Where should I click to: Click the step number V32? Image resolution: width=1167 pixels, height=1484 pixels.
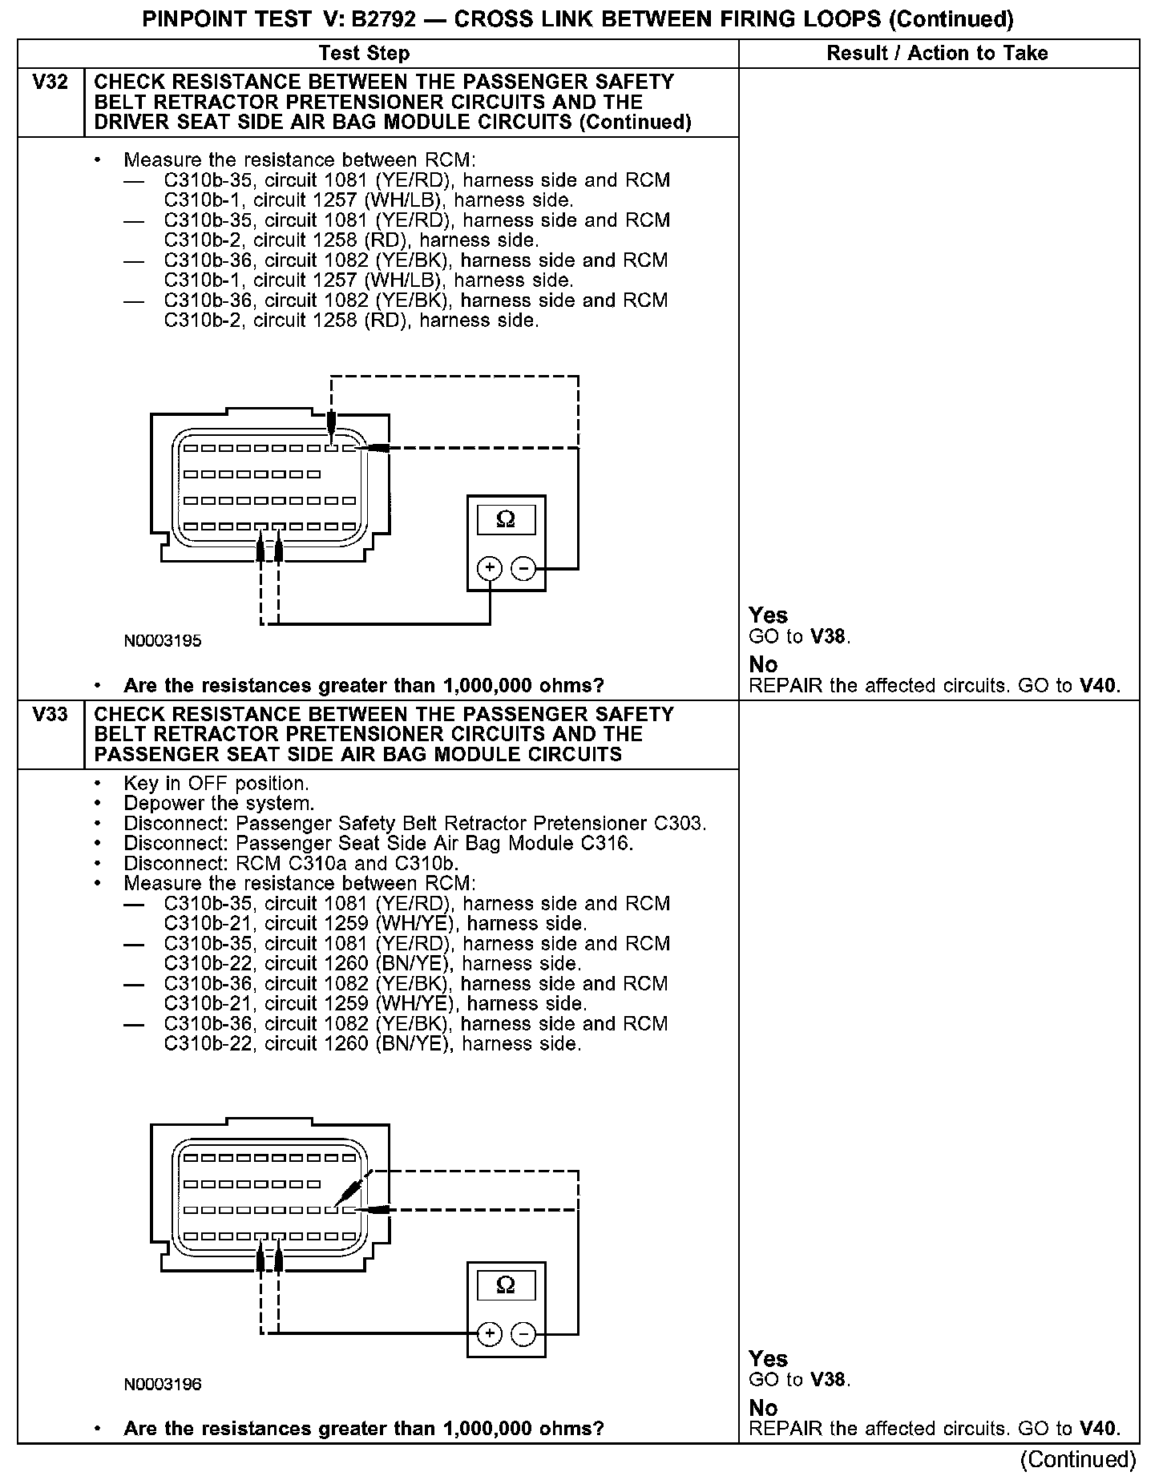point(50,83)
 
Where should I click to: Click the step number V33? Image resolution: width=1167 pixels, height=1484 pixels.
point(50,715)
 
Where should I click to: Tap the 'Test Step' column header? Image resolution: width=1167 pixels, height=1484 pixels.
point(364,54)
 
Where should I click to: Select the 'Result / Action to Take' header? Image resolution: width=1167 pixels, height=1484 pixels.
point(937,54)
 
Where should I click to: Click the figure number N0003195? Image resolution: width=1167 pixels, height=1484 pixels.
point(163,641)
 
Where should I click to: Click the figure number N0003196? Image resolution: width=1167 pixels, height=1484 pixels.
point(163,1384)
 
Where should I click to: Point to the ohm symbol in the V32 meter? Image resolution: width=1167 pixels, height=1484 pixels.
point(506,520)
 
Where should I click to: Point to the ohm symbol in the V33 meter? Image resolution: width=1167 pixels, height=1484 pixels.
point(506,1285)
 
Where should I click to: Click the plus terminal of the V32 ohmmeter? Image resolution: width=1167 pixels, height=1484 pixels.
point(489,569)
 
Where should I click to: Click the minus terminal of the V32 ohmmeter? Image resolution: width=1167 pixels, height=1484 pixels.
point(523,569)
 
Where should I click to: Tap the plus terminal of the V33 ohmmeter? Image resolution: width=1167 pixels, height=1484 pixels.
point(489,1334)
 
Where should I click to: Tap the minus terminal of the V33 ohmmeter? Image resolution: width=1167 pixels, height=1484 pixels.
point(523,1334)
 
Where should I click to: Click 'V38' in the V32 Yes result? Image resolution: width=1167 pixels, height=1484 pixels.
point(829,638)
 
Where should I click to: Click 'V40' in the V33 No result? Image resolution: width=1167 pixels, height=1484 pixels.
point(1098,1429)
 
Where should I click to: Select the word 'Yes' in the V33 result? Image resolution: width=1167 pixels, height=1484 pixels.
point(768,1359)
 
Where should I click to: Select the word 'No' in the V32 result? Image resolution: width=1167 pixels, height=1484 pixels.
point(763,665)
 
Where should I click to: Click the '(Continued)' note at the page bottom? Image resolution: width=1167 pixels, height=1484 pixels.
point(1078,1460)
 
